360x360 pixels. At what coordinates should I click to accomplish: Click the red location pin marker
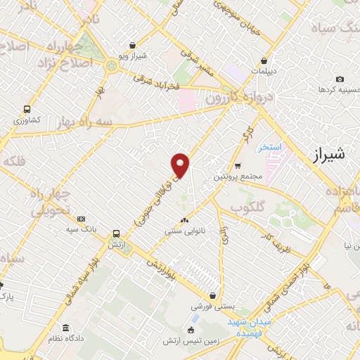tap(181, 165)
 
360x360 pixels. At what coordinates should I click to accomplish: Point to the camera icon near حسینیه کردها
tap(340, 79)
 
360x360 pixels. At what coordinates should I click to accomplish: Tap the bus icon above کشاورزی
tap(27, 110)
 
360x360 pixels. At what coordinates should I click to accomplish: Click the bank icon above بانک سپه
tap(81, 219)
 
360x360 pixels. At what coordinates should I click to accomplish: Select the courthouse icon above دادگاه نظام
tap(65, 328)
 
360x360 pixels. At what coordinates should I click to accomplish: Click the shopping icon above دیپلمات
tap(264, 60)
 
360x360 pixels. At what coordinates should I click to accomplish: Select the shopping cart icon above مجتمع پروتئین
tap(238, 166)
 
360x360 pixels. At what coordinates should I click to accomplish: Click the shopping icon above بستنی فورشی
tap(212, 296)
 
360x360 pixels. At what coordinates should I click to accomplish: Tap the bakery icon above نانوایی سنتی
tap(184, 220)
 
